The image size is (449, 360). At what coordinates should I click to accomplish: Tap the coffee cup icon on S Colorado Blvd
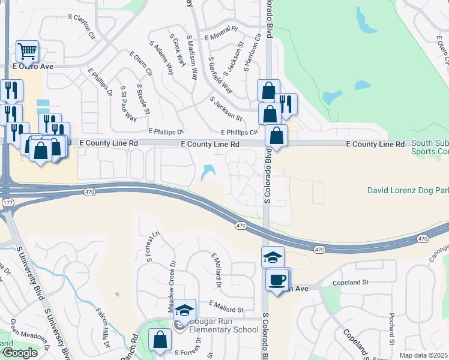[x=277, y=280]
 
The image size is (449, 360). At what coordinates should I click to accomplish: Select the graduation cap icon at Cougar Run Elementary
[x=185, y=310]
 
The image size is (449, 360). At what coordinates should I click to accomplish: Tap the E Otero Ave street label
[x=33, y=66]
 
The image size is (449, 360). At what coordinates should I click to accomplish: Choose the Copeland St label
[x=350, y=282]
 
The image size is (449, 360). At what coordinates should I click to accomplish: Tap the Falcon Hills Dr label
[x=103, y=329]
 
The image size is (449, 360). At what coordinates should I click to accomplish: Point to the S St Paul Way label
[x=128, y=103]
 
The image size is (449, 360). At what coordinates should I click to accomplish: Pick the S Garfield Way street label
[x=220, y=75]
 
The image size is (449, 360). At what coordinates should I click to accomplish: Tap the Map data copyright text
[x=423, y=355]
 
